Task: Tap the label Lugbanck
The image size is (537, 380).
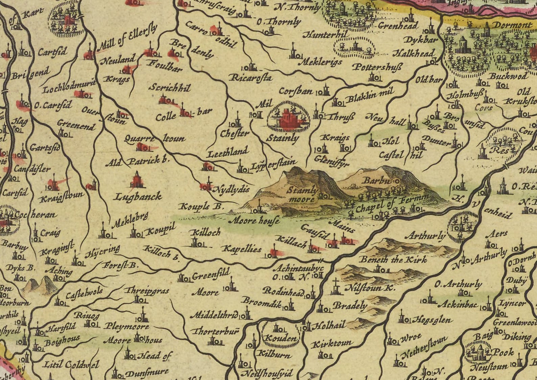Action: tap(138, 197)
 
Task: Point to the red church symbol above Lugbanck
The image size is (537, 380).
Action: tap(137, 180)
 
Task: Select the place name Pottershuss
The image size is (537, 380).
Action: tap(377, 67)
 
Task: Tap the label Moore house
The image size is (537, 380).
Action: tap(254, 221)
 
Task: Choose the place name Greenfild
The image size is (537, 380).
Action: tap(211, 275)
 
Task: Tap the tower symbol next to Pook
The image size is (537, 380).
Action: tap(478, 352)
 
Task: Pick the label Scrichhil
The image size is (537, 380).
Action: tap(170, 88)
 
